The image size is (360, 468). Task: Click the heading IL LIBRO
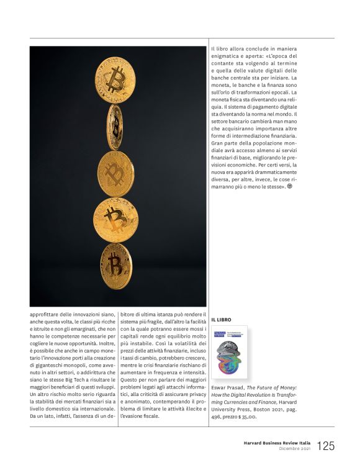221,320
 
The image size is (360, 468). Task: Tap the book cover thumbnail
229,352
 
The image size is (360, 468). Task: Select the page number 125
326,446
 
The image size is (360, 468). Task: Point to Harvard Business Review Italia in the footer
277,443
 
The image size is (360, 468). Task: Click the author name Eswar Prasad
228,386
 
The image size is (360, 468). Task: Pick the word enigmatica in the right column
223,56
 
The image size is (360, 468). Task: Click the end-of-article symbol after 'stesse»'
289,186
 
